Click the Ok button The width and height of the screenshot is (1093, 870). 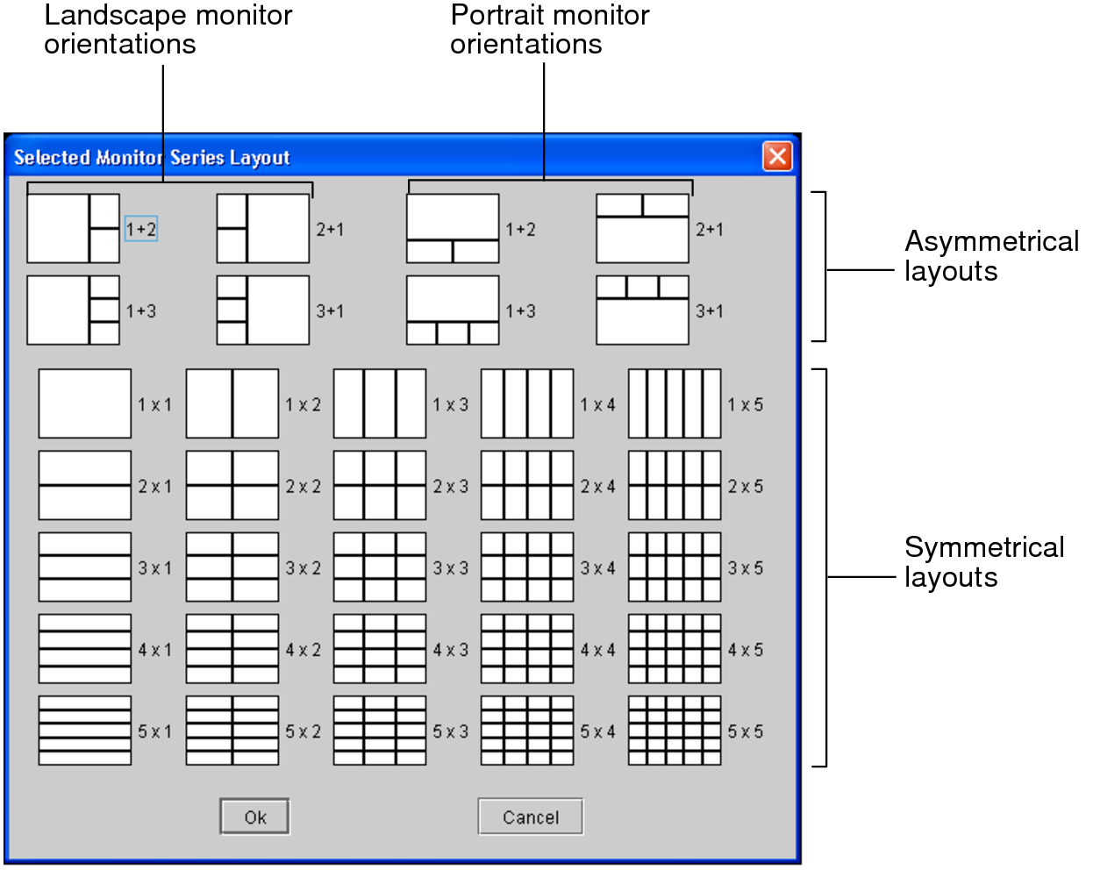[x=254, y=817]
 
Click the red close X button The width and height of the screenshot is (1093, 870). [x=777, y=156]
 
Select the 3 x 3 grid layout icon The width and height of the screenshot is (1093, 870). [x=380, y=567]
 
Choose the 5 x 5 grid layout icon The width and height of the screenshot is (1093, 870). [x=675, y=731]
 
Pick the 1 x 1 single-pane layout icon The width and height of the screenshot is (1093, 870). [x=85, y=403]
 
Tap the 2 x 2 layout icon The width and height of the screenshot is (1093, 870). [x=232, y=485]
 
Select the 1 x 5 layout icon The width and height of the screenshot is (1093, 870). [x=675, y=403]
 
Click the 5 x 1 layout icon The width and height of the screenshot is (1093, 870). [x=85, y=731]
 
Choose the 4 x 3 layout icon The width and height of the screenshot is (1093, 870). [x=380, y=649]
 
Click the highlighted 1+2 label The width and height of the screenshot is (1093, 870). [x=141, y=229]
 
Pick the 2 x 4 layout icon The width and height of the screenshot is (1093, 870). [x=527, y=485]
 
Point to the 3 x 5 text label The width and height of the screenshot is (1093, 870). [x=746, y=568]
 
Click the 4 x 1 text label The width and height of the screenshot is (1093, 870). [x=155, y=650]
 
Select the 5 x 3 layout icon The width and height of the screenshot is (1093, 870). [x=380, y=731]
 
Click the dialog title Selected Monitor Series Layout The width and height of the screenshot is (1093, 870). [x=152, y=158]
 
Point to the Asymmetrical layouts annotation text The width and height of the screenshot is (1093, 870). [x=991, y=256]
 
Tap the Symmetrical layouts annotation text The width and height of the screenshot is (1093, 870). [x=984, y=562]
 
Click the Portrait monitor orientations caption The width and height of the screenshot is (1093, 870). [x=549, y=29]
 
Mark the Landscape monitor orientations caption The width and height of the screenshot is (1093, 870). [x=168, y=29]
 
